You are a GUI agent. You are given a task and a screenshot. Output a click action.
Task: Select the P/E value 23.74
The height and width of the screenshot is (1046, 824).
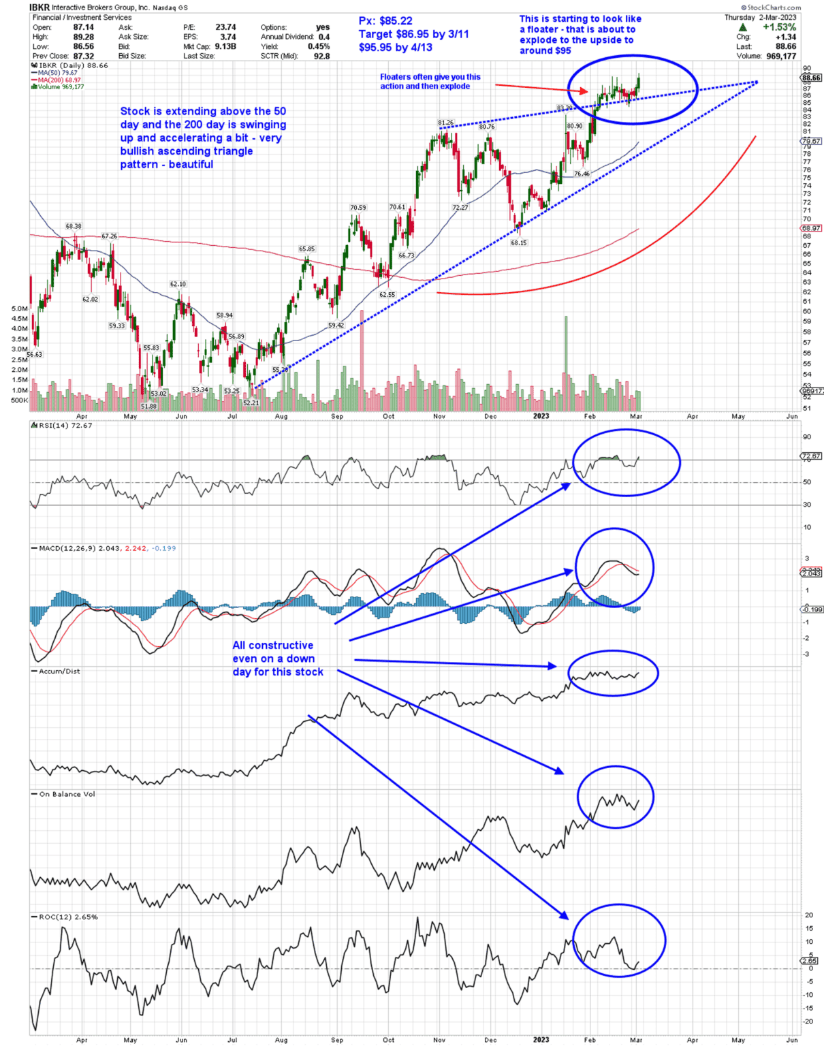click(225, 27)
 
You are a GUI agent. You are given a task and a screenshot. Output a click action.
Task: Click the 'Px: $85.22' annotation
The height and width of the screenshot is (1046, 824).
click(385, 21)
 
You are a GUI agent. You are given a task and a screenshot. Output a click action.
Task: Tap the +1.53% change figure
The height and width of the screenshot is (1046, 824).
click(779, 27)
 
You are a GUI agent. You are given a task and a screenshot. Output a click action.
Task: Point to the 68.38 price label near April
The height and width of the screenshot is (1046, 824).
click(74, 226)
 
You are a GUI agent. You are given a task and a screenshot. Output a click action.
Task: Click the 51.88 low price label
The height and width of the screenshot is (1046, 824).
click(148, 407)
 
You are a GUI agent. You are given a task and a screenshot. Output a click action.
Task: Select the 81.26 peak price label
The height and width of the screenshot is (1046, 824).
click(445, 123)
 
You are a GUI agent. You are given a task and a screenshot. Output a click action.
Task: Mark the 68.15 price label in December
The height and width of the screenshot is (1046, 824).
click(519, 243)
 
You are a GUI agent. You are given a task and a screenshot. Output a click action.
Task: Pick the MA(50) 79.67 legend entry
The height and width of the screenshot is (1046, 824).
click(57, 73)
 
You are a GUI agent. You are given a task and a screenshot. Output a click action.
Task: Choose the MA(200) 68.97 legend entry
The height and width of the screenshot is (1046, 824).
click(59, 80)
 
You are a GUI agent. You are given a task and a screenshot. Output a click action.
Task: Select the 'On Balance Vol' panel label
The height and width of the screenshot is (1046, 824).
click(67, 794)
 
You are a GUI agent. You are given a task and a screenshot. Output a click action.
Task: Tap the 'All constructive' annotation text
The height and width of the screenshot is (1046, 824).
click(272, 646)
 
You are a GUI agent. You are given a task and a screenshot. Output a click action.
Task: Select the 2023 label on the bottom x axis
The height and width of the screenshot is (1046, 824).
click(541, 1040)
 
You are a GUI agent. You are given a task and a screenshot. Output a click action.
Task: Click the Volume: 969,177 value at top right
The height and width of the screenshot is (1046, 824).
click(780, 57)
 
